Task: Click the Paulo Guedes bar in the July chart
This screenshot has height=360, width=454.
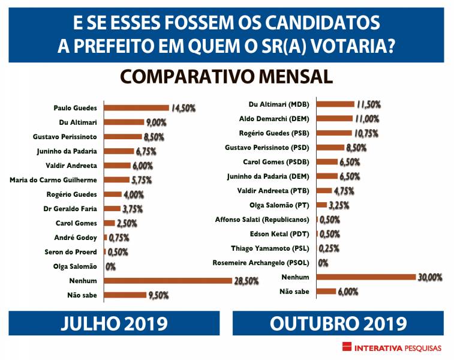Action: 136,108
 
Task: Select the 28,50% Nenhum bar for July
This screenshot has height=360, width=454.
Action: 167,280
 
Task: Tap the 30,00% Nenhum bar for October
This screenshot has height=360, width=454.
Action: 366,277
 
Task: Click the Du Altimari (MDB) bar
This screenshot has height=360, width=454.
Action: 335,104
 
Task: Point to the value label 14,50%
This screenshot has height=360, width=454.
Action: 184,108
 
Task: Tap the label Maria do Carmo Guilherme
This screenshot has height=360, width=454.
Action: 55,180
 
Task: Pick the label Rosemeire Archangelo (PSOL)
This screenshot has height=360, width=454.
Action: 261,263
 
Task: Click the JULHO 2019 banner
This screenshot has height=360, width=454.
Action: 114,323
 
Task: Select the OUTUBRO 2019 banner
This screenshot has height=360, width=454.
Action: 338,323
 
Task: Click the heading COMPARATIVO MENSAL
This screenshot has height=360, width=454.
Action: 227,77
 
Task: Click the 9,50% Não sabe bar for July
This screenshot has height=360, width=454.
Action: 127,295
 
